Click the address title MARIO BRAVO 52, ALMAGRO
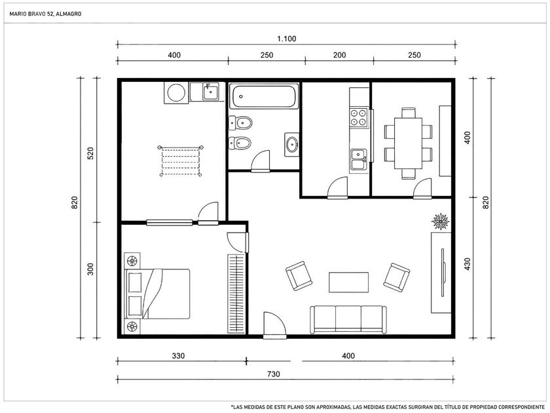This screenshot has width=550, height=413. [45, 14]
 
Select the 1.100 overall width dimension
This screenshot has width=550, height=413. [287, 39]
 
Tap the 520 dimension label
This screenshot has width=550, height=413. [90, 153]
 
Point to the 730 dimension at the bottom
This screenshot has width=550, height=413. [273, 374]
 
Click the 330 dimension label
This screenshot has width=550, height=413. [178, 356]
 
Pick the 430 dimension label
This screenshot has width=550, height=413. [467, 264]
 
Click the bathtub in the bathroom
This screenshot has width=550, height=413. [264, 96]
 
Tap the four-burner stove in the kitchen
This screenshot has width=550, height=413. [359, 117]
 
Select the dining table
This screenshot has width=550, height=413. [408, 144]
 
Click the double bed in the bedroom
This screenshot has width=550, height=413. [157, 294]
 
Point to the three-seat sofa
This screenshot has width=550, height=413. [348, 319]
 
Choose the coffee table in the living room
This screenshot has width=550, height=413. [348, 283]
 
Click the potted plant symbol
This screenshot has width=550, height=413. [441, 222]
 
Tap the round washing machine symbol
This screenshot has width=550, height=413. [176, 93]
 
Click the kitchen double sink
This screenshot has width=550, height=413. [359, 159]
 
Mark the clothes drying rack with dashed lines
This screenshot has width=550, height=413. [181, 161]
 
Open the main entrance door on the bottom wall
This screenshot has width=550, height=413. [275, 325]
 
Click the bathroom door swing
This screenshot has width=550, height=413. [261, 161]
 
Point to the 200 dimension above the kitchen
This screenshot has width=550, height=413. [339, 55]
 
